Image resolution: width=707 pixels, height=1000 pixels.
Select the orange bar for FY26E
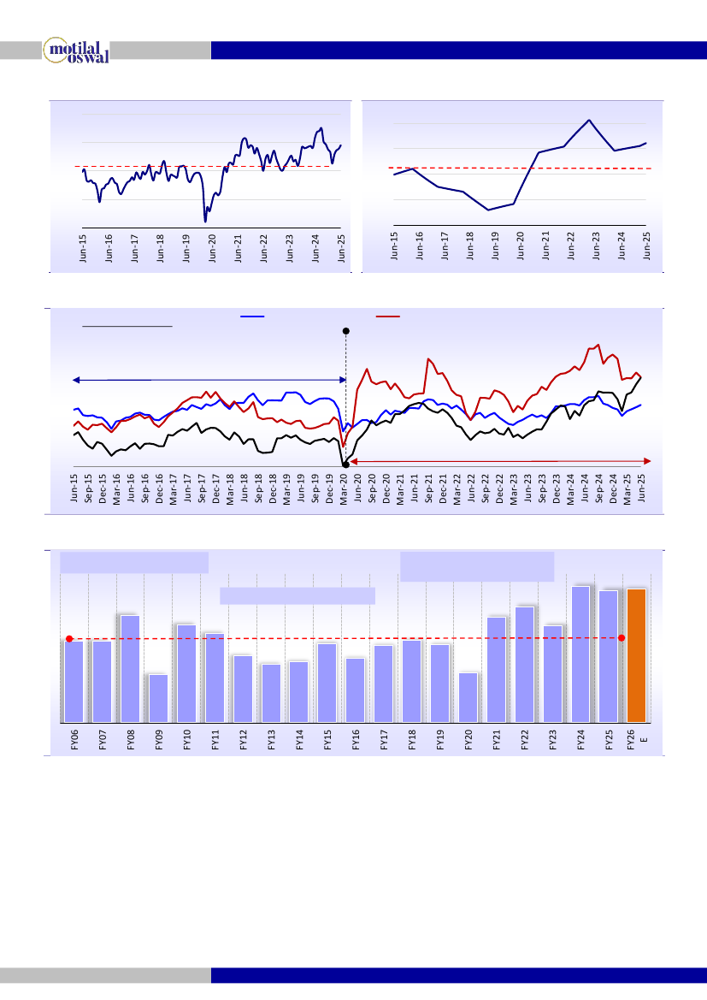click(x=636, y=654)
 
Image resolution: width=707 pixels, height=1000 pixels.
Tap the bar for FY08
click(x=130, y=668)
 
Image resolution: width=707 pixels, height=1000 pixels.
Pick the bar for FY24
click(x=580, y=654)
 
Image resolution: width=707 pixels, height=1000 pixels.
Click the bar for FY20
click(x=468, y=696)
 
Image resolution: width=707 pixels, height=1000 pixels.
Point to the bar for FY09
click(x=158, y=697)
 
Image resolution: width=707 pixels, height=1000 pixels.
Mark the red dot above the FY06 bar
click(x=69, y=638)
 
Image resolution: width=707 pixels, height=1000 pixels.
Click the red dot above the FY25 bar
click(x=622, y=637)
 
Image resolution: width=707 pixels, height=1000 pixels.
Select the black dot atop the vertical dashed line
click(x=345, y=330)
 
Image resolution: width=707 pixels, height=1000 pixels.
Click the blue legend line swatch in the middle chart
click(x=252, y=317)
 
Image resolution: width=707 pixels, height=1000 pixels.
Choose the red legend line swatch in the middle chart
click(x=387, y=317)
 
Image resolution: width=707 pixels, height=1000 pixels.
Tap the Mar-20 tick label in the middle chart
click(x=345, y=489)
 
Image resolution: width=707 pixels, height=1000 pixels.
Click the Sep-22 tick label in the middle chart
click(x=486, y=489)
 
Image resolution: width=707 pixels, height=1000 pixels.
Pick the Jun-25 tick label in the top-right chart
click(x=646, y=244)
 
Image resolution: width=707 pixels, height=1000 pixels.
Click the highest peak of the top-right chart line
click(x=590, y=120)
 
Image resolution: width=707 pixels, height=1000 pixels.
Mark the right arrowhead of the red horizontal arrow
click(x=650, y=461)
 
